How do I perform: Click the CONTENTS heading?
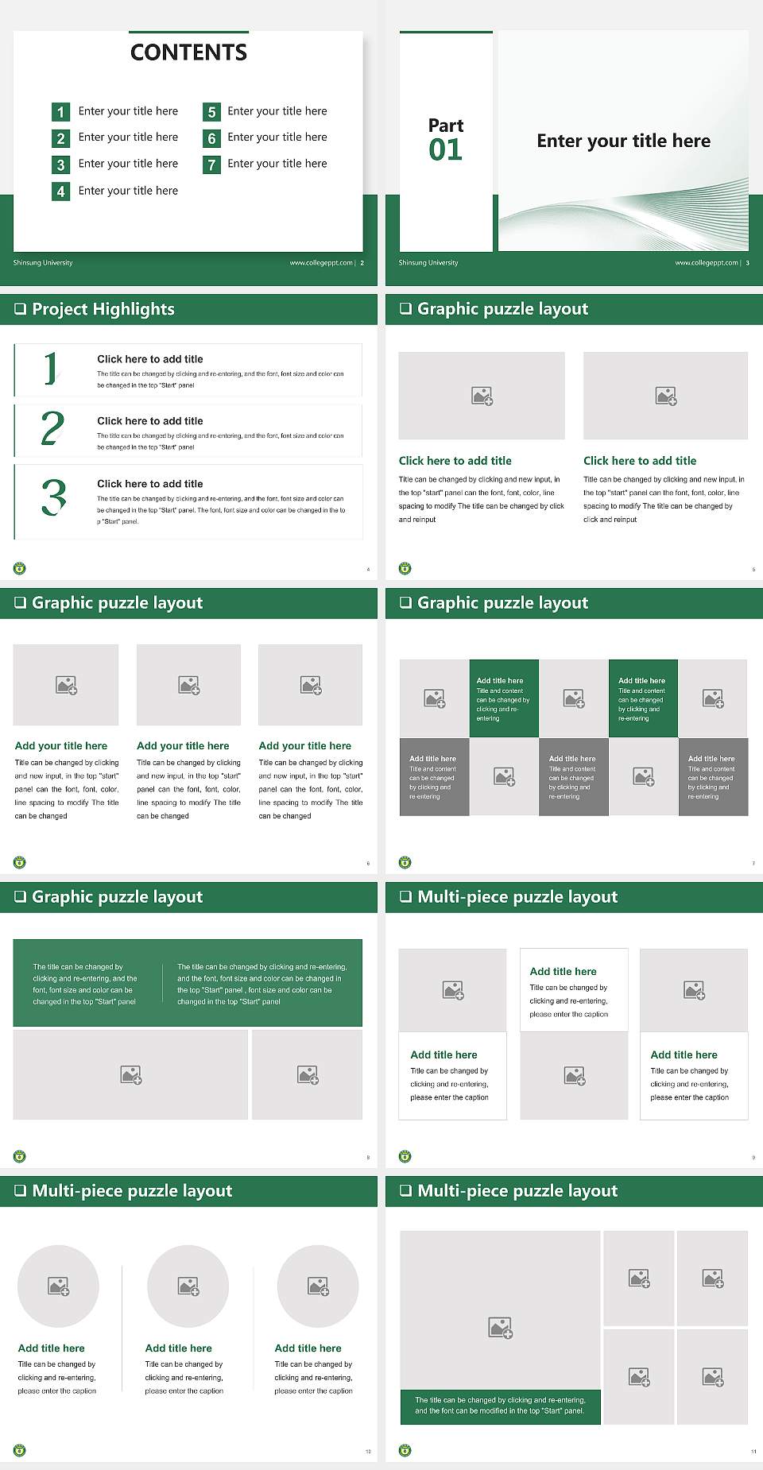188,52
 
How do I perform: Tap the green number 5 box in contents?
211,112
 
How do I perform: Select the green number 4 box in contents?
60,191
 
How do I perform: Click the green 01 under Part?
445,149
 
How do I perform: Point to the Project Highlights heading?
103,309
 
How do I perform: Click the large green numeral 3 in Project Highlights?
53,498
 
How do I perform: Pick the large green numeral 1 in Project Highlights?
51,369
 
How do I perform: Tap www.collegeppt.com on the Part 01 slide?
706,263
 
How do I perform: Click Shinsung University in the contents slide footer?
43,263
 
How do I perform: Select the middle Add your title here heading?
183,746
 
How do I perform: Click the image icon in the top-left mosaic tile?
435,698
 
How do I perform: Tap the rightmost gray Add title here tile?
713,776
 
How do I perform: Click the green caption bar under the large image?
500,1406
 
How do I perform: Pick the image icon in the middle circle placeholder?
188,1286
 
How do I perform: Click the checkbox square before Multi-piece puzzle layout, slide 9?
405,896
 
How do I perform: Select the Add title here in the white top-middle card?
563,971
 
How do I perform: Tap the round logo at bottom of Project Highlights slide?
20,568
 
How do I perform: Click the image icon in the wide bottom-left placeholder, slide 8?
131,1075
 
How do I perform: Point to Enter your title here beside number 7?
277,164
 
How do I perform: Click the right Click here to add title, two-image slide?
639,461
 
